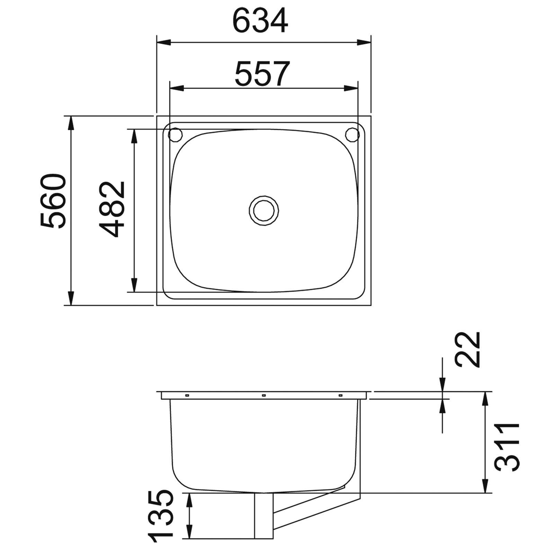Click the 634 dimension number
pos(260,21)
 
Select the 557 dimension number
pos(262,74)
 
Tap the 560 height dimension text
pos(53,200)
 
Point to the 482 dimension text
pos(111,209)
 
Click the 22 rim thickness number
pos(468,349)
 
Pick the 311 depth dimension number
pos(507,447)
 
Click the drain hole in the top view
pos(264,210)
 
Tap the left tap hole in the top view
pos(175,134)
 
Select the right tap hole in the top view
pos(352,134)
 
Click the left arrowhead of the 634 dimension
pos(164,43)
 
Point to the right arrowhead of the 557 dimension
pos(351,88)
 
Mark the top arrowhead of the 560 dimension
pos(71,123)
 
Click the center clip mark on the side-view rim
pos(264,395)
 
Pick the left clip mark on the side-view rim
pos(187,395)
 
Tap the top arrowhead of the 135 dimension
pos(189,500)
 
